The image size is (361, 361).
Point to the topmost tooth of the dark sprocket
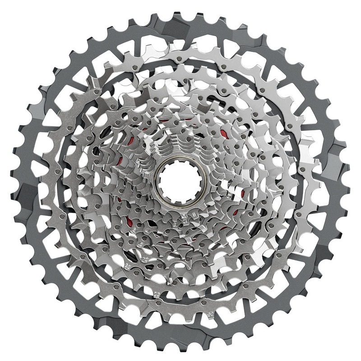(x=180, y=12)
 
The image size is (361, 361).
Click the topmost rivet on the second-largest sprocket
(x=180, y=60)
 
